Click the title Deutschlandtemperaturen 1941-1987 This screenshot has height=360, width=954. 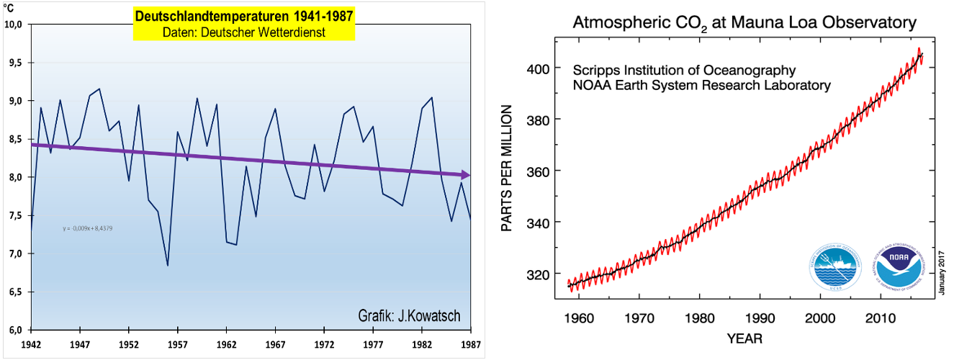(x=244, y=16)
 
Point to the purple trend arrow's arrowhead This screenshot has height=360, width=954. (x=466, y=175)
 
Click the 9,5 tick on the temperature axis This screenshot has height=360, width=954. (x=14, y=63)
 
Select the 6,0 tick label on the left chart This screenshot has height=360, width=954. (x=14, y=330)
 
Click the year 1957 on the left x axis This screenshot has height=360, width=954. (x=178, y=344)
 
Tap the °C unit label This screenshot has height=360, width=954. (x=9, y=9)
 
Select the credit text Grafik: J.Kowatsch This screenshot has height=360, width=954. (x=409, y=316)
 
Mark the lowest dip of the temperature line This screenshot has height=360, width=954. (x=167, y=265)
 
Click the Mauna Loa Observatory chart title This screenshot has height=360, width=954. (x=744, y=23)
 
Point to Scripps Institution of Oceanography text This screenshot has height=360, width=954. (x=684, y=71)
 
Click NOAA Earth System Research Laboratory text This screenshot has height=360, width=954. (x=702, y=85)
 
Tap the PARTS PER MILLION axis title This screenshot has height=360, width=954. (x=507, y=168)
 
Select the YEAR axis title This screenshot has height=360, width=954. (x=744, y=337)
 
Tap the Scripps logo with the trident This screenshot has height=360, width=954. (x=837, y=267)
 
